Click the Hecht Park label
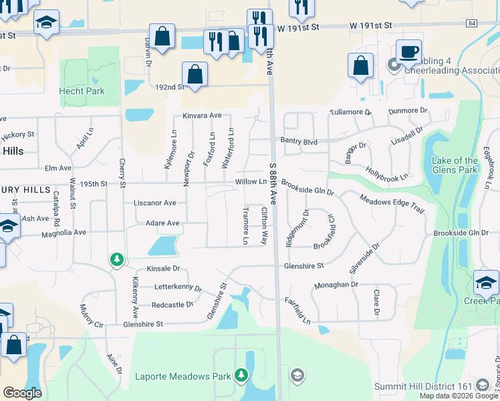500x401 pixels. click(82, 91)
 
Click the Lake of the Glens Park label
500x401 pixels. click(455, 165)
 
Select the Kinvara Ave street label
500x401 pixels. click(202, 116)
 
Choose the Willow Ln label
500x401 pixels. click(251, 182)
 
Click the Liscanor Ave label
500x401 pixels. click(154, 203)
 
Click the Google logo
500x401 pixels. click(23, 393)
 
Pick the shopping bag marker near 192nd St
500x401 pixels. click(194, 74)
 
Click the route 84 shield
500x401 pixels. click(472, 23)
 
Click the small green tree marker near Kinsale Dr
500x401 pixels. click(116, 259)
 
